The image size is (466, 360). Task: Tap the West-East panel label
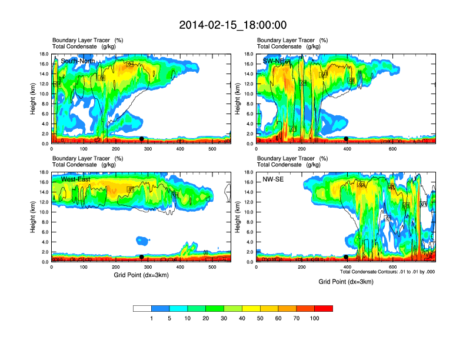[75, 179]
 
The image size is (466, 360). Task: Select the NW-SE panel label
[273, 179]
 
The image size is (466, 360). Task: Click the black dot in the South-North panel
[141, 139]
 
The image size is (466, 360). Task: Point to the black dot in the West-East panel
[141, 257]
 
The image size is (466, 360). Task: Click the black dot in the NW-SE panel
[346, 257]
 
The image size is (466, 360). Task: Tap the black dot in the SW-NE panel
[346, 139]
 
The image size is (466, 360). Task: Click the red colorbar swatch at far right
[324, 308]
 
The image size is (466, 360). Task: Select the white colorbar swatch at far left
[142, 308]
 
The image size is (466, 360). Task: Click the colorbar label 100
[315, 318]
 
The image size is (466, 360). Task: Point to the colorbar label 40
[242, 318]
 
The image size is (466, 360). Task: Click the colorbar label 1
[152, 318]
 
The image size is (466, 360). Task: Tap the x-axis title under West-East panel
[141, 275]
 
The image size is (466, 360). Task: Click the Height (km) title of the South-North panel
[34, 99]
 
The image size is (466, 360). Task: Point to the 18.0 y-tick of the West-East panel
[44, 172]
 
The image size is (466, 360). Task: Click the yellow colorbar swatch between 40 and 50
[251, 308]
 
